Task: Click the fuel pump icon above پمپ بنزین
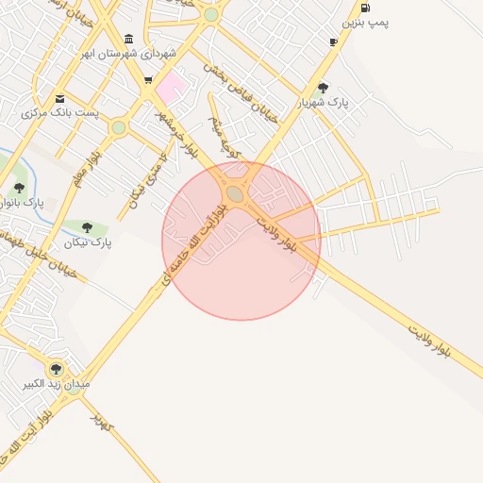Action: pyautogui.click(x=365, y=8)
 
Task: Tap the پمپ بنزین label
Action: pyautogui.click(x=365, y=21)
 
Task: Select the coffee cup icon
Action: pyautogui.click(x=333, y=42)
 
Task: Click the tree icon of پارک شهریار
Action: pyautogui.click(x=324, y=88)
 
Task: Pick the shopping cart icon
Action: pyautogui.click(x=148, y=80)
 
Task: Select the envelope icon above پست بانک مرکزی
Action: pyautogui.click(x=60, y=98)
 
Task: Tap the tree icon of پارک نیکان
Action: pyautogui.click(x=88, y=227)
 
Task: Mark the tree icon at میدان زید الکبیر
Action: pyautogui.click(x=56, y=369)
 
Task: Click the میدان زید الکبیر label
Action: pyautogui.click(x=57, y=385)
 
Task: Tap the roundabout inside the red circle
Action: pyautogui.click(x=234, y=193)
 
